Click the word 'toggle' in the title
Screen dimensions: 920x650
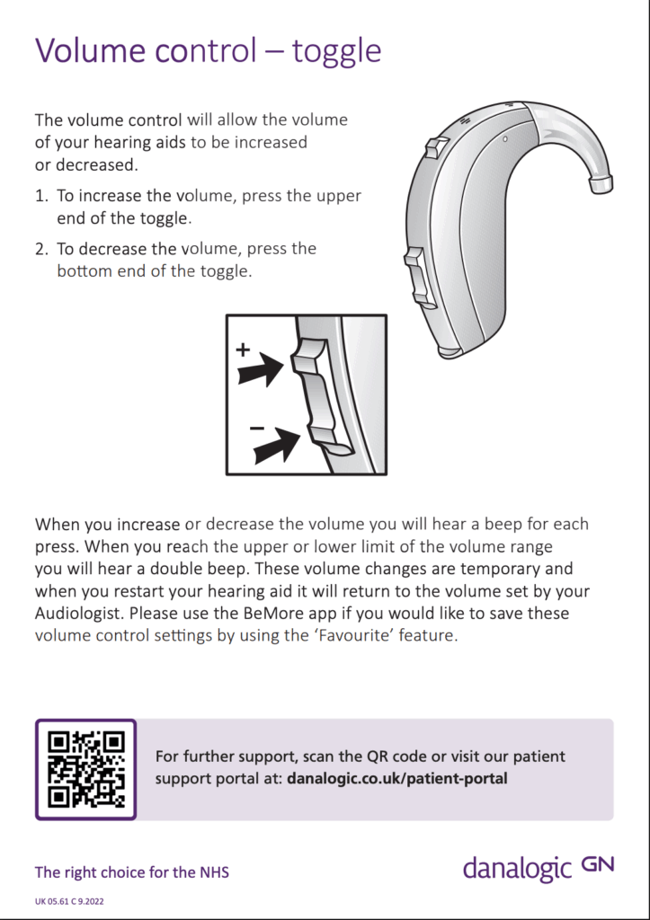(335, 50)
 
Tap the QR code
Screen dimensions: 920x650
(86, 769)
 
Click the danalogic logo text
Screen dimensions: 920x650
(517, 869)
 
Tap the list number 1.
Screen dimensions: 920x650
(40, 196)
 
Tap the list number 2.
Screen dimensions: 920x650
(40, 249)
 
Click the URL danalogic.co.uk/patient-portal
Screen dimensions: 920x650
(396, 778)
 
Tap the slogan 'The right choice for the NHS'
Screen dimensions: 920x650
(131, 872)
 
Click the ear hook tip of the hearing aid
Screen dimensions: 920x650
(601, 184)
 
